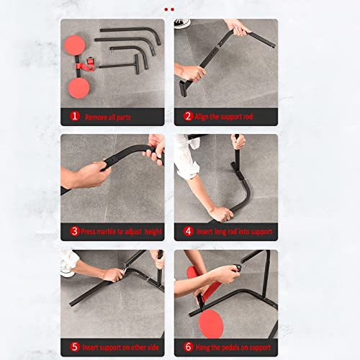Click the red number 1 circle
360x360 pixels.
(74, 116)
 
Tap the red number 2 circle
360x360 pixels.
(188, 116)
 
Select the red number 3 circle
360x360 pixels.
(74, 232)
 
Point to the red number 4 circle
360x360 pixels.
(188, 232)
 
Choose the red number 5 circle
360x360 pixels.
(74, 347)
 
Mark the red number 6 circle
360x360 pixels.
(188, 347)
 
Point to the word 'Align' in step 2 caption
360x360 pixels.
(205, 117)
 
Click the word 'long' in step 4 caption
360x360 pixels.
(217, 232)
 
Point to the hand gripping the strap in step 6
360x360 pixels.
(225, 274)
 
